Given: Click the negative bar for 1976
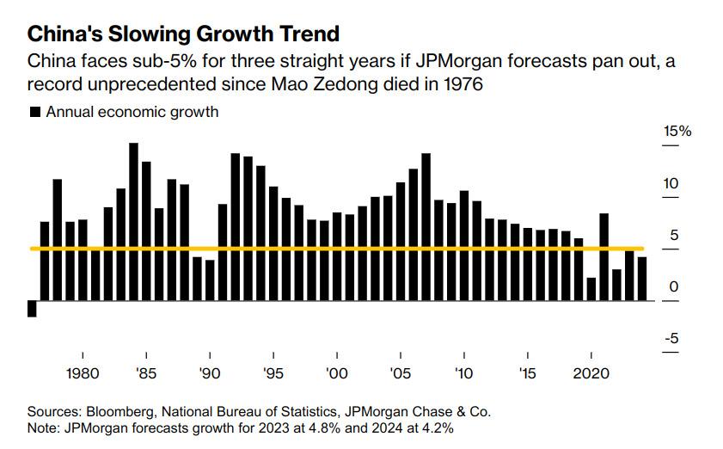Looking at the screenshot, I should point(32,309).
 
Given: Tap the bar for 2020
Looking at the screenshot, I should point(591,289).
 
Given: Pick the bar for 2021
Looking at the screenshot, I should point(604,257).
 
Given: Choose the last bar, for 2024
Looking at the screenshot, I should point(642,279).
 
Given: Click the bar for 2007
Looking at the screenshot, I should point(426,227).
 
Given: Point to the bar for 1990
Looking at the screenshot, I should point(210,280).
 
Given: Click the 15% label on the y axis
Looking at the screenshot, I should point(677,132).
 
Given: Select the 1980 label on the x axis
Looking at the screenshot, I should point(83,374).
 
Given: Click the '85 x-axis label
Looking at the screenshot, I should point(146,374).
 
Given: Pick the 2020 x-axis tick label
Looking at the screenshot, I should point(591,374).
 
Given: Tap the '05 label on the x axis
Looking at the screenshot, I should point(401,374).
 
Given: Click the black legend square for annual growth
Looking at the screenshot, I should point(35,112).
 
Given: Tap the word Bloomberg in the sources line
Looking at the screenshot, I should point(119,412).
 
